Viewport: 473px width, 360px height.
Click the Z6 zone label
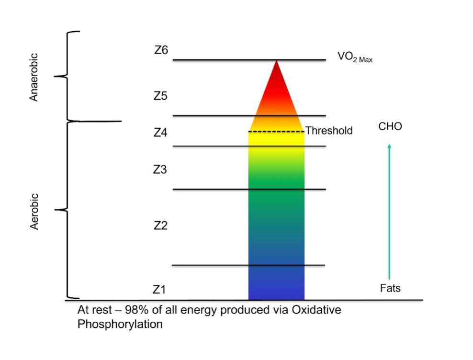(161, 50)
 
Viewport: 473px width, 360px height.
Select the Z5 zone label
(160, 96)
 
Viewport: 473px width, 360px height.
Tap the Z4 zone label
(160, 133)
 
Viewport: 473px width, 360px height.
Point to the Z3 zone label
(160, 169)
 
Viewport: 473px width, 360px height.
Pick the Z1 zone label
(159, 290)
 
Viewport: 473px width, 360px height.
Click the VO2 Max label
(355, 57)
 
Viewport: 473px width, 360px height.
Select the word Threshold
(329, 131)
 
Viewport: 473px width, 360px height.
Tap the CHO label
(390, 127)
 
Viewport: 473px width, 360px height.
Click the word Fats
(390, 288)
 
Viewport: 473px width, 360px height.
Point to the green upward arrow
(389, 211)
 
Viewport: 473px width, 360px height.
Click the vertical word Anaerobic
(34, 77)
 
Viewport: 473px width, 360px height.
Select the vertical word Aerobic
(34, 211)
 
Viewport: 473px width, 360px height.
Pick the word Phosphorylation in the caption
(120, 324)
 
